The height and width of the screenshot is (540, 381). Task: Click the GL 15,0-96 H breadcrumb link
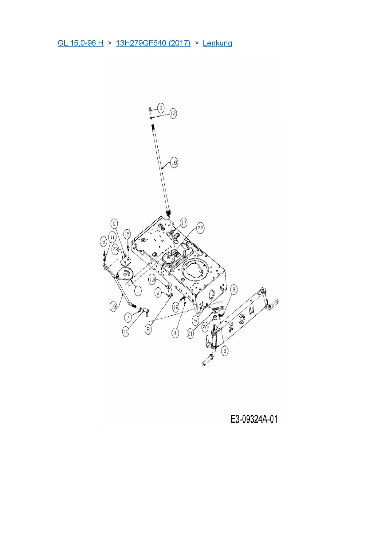click(x=81, y=43)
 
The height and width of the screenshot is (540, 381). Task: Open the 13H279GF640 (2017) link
click(x=153, y=43)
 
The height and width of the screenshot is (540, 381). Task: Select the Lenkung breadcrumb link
click(x=217, y=43)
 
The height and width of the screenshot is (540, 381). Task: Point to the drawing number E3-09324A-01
click(x=254, y=419)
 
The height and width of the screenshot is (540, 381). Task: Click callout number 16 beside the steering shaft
click(x=174, y=162)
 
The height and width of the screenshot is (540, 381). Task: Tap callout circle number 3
click(x=161, y=108)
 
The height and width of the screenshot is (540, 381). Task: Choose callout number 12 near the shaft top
click(x=173, y=113)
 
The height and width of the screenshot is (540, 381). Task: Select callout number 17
click(x=183, y=223)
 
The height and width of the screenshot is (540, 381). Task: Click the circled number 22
click(x=200, y=228)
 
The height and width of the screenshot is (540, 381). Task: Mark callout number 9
click(x=114, y=224)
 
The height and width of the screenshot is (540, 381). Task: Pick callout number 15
click(x=127, y=235)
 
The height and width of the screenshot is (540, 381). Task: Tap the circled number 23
click(x=115, y=249)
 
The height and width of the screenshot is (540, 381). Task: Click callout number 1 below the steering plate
click(x=138, y=291)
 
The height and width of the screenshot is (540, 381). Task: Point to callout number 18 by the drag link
click(x=114, y=306)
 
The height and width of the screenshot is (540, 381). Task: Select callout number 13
click(x=152, y=280)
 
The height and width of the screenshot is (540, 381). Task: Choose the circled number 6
click(x=234, y=289)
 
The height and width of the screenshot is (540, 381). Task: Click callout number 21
click(x=190, y=333)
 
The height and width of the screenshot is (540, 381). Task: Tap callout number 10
click(x=126, y=332)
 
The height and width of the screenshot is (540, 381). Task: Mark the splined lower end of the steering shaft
click(x=168, y=212)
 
